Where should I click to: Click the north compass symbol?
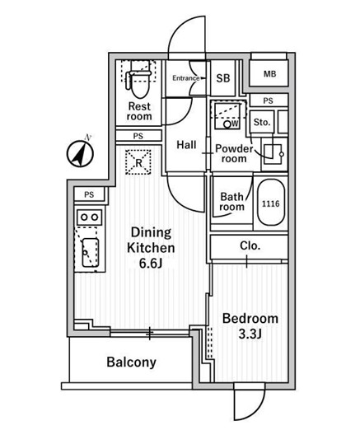coord(81,153)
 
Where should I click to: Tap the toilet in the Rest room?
coord(139,80)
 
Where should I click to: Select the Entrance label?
coord(186,78)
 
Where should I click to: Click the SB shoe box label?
coord(223,78)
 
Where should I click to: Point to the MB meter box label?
coord(269,74)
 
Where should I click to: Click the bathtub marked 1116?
coord(271,203)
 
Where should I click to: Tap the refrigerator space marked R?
coord(138,162)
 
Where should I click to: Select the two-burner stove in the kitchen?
coord(90,217)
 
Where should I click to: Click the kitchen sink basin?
coord(90,253)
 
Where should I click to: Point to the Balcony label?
coord(131,362)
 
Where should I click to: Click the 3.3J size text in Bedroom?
coord(250,334)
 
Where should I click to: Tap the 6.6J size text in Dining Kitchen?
coord(151,263)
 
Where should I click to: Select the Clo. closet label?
coord(250,245)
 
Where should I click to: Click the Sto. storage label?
coord(262,122)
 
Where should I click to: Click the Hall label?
coord(186,145)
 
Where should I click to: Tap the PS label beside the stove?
coord(89,194)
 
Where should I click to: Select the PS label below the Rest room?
coord(138,136)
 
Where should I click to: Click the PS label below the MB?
coord(268,100)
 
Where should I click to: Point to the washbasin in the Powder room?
coord(274,154)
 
